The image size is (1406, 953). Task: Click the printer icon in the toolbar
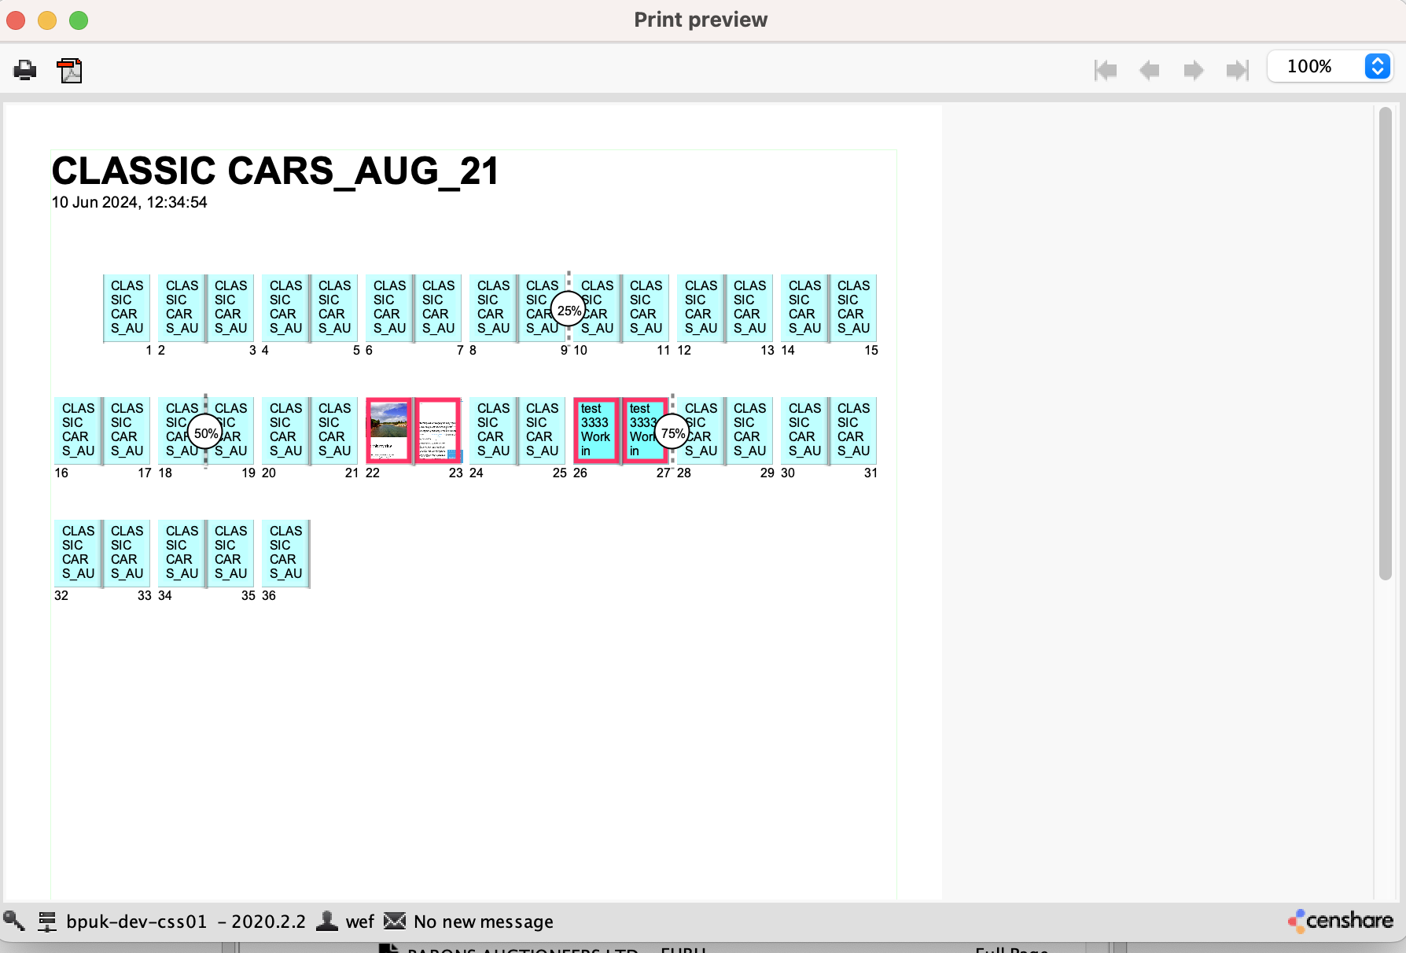(25, 71)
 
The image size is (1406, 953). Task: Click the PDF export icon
(70, 71)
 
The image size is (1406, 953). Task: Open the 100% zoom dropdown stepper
(1377, 66)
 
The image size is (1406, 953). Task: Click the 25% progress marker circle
(569, 311)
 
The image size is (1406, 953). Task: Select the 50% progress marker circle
(205, 433)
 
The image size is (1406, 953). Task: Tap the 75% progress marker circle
(672, 433)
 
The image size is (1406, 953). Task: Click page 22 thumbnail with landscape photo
(388, 430)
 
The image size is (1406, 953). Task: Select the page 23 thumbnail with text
(438, 430)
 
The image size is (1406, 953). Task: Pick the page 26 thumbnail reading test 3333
(596, 430)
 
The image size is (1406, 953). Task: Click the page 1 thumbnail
(127, 307)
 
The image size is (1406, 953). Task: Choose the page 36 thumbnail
(285, 553)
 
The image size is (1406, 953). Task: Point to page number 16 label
(61, 473)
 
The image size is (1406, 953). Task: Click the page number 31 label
(870, 473)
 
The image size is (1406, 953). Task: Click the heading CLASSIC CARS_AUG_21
(275, 171)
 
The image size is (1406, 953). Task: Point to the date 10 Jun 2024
(130, 203)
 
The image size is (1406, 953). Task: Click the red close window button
(16, 20)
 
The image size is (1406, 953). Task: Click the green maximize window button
(79, 20)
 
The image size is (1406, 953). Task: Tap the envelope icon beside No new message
(395, 921)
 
